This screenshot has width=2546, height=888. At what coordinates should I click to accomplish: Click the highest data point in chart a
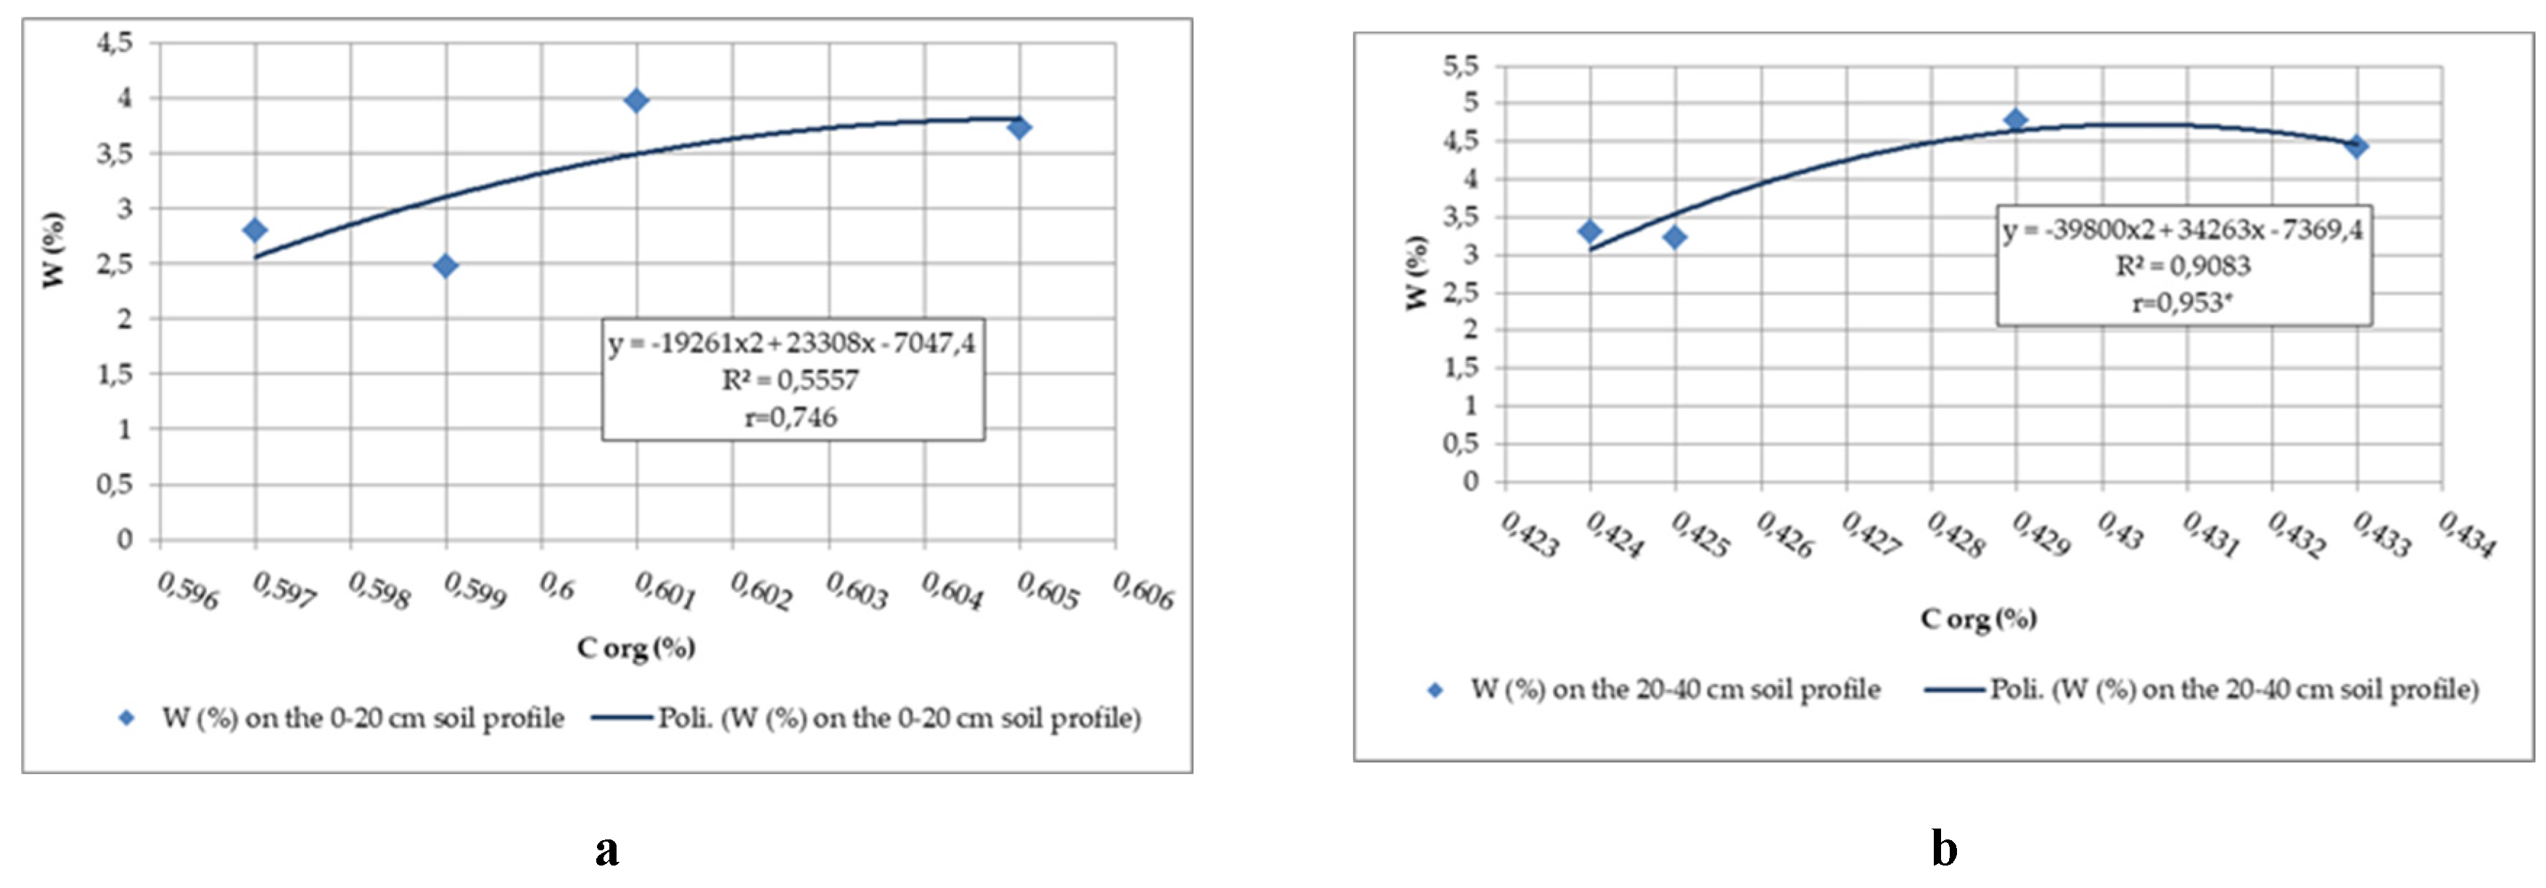pyautogui.click(x=637, y=101)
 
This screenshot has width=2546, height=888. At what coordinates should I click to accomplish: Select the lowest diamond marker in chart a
pyautogui.click(x=446, y=266)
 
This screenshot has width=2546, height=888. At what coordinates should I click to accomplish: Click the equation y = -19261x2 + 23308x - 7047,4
pyautogui.click(x=791, y=343)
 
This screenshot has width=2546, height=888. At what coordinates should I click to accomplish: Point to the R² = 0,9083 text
pyautogui.click(x=2183, y=266)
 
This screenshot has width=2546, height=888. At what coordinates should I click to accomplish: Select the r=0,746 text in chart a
pyautogui.click(x=791, y=417)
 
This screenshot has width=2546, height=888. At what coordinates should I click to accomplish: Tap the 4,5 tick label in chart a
pyautogui.click(x=114, y=43)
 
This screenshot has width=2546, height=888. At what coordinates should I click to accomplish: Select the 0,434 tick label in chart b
pyautogui.click(x=2466, y=534)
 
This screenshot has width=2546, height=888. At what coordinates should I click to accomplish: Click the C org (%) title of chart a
pyautogui.click(x=637, y=648)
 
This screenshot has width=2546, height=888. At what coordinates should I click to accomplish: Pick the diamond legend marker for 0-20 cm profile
pyautogui.click(x=126, y=718)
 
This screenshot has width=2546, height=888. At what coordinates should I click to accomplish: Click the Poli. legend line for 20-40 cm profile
pyautogui.click(x=1954, y=689)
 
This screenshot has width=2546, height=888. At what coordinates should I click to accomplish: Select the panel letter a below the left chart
pyautogui.click(x=607, y=850)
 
